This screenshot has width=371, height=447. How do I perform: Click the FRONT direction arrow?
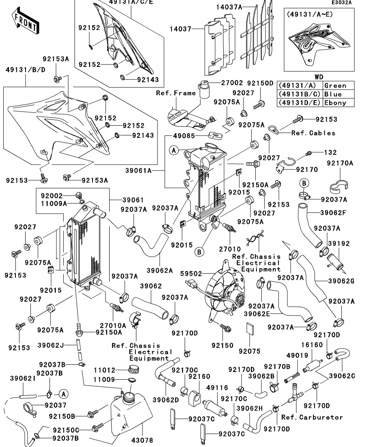25,23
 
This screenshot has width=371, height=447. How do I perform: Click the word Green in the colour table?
335,86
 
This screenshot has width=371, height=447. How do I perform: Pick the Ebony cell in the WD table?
335,103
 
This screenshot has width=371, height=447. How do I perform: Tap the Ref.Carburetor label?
312,417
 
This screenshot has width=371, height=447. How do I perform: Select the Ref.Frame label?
176,93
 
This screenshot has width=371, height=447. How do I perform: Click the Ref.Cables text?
313,133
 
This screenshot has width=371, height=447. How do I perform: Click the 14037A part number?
229,7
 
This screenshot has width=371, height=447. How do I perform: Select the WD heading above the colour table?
320,77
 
